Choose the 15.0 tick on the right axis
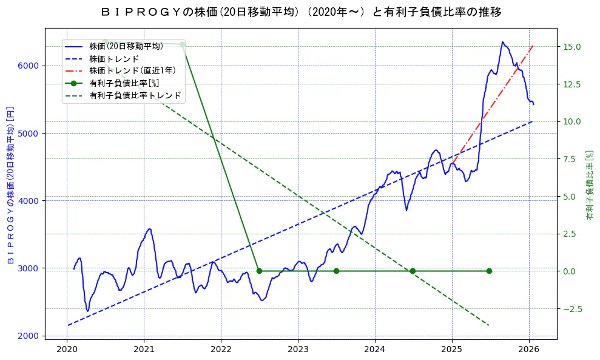[x=573, y=47]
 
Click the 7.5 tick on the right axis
[x=570, y=159]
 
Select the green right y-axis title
[x=590, y=185]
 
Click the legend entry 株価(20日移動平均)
[x=126, y=46]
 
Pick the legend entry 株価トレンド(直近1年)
[x=132, y=71]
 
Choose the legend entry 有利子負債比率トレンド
[x=135, y=96]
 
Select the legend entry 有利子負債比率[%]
[x=124, y=84]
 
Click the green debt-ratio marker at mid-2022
[x=259, y=271]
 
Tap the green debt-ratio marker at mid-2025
[x=489, y=271]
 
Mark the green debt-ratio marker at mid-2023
[x=336, y=271]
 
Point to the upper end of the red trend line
[x=533, y=46]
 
